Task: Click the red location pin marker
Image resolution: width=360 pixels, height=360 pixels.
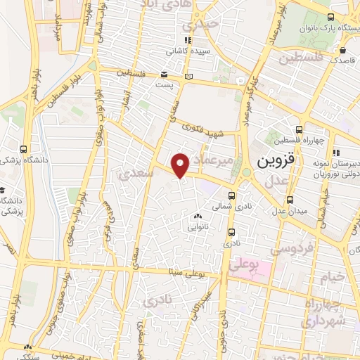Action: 181,165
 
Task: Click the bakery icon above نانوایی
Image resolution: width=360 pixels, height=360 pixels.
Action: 197,217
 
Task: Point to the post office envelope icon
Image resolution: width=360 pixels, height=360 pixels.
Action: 164,73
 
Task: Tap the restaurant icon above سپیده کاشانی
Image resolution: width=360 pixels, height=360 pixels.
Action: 187,40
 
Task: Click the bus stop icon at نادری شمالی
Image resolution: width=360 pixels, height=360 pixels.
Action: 232,197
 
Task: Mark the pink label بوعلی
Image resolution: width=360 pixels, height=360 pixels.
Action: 242,265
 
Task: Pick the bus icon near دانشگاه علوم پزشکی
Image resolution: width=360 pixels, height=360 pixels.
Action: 25,149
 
